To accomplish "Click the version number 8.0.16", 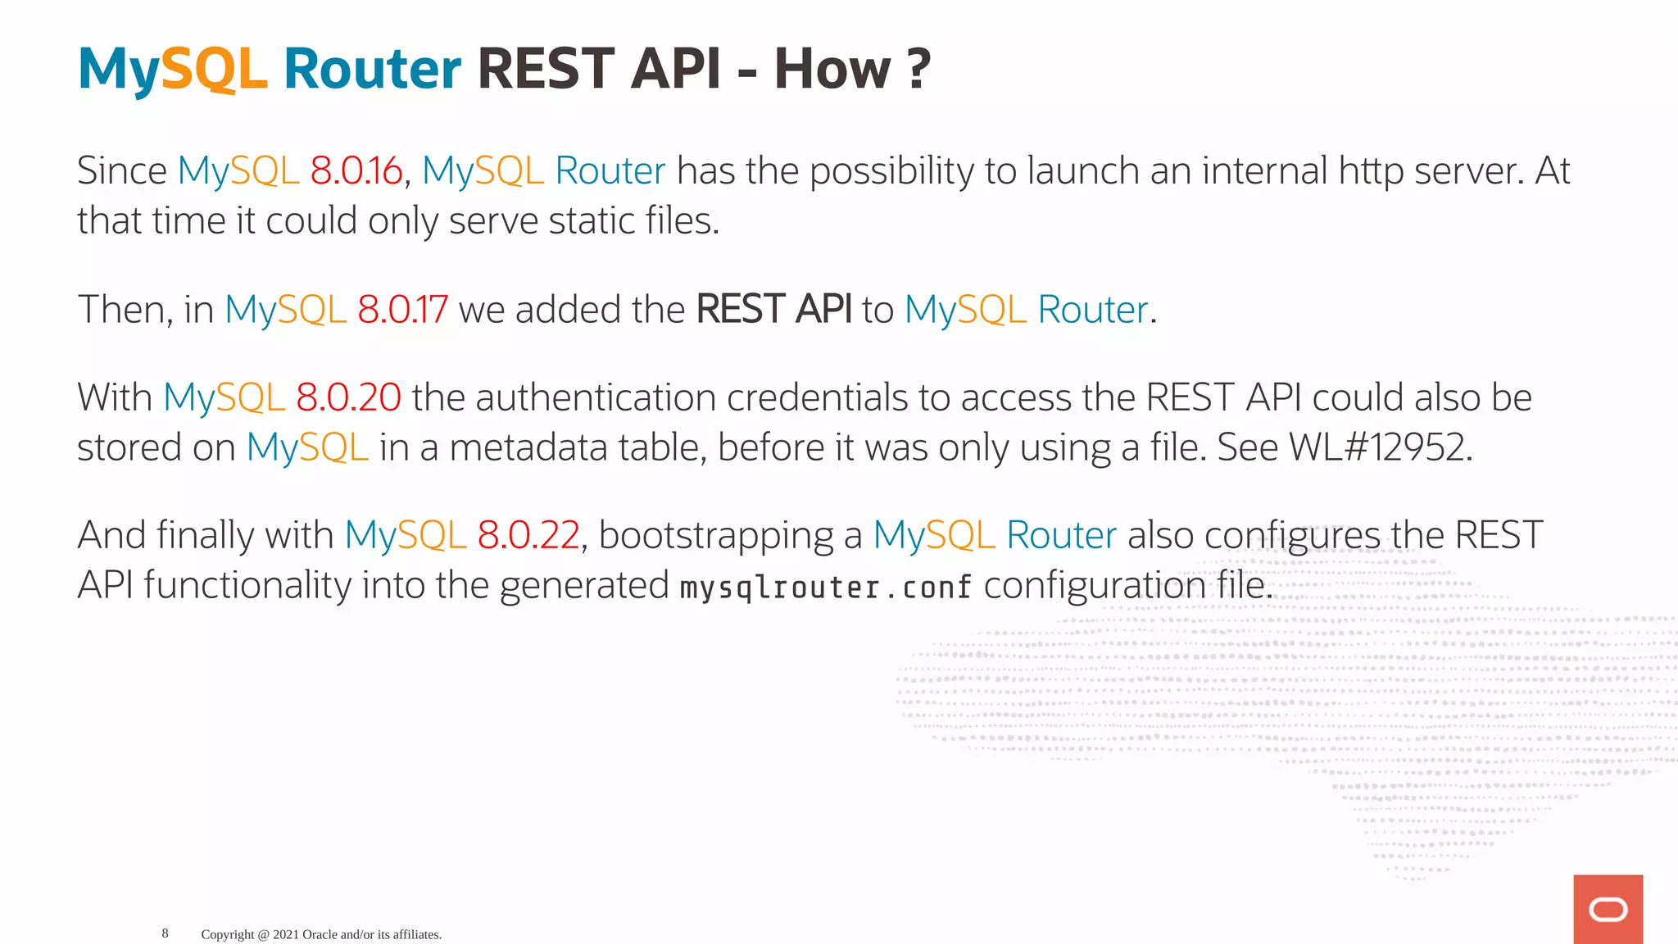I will [x=356, y=171].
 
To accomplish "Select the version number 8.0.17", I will [x=402, y=310].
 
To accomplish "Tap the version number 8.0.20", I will [x=348, y=397].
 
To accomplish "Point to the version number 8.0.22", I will [x=528, y=535].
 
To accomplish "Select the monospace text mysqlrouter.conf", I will [x=826, y=588].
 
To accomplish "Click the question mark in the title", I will [x=919, y=69].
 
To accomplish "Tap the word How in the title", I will [x=832, y=69].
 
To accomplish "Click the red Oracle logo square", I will [x=1608, y=909].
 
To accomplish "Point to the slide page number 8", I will [x=165, y=933].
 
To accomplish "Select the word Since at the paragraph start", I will [x=122, y=171].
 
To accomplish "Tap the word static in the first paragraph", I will [x=586, y=221].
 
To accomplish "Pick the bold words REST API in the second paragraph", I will [x=773, y=310].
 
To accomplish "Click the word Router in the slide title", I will [x=372, y=69].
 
